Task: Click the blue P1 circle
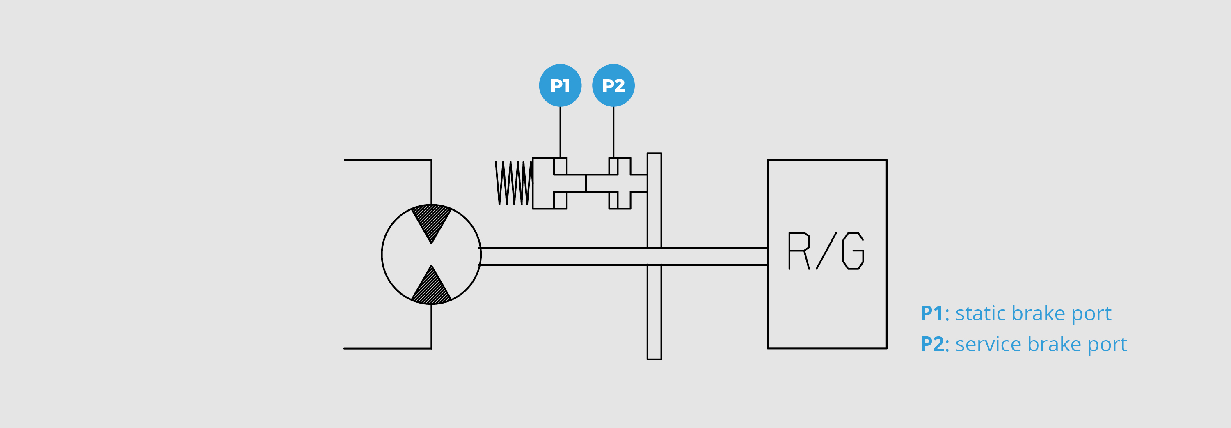(x=560, y=85)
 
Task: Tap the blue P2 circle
(x=613, y=85)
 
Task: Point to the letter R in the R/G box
(x=799, y=251)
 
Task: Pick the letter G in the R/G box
(x=853, y=251)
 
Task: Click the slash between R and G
(x=826, y=251)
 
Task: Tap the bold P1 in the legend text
(x=931, y=314)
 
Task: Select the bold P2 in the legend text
(x=932, y=344)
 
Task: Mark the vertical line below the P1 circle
(x=560, y=132)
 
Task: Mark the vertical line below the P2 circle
(x=613, y=132)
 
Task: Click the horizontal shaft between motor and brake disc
(x=564, y=256)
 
